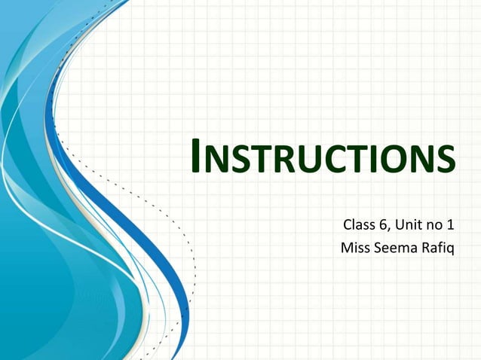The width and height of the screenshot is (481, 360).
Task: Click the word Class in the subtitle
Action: point(358,224)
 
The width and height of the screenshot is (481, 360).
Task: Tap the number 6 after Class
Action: point(382,224)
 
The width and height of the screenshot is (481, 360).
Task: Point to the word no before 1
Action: point(432,224)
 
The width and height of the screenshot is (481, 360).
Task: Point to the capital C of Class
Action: point(348,224)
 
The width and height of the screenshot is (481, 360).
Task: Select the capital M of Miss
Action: point(347,247)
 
